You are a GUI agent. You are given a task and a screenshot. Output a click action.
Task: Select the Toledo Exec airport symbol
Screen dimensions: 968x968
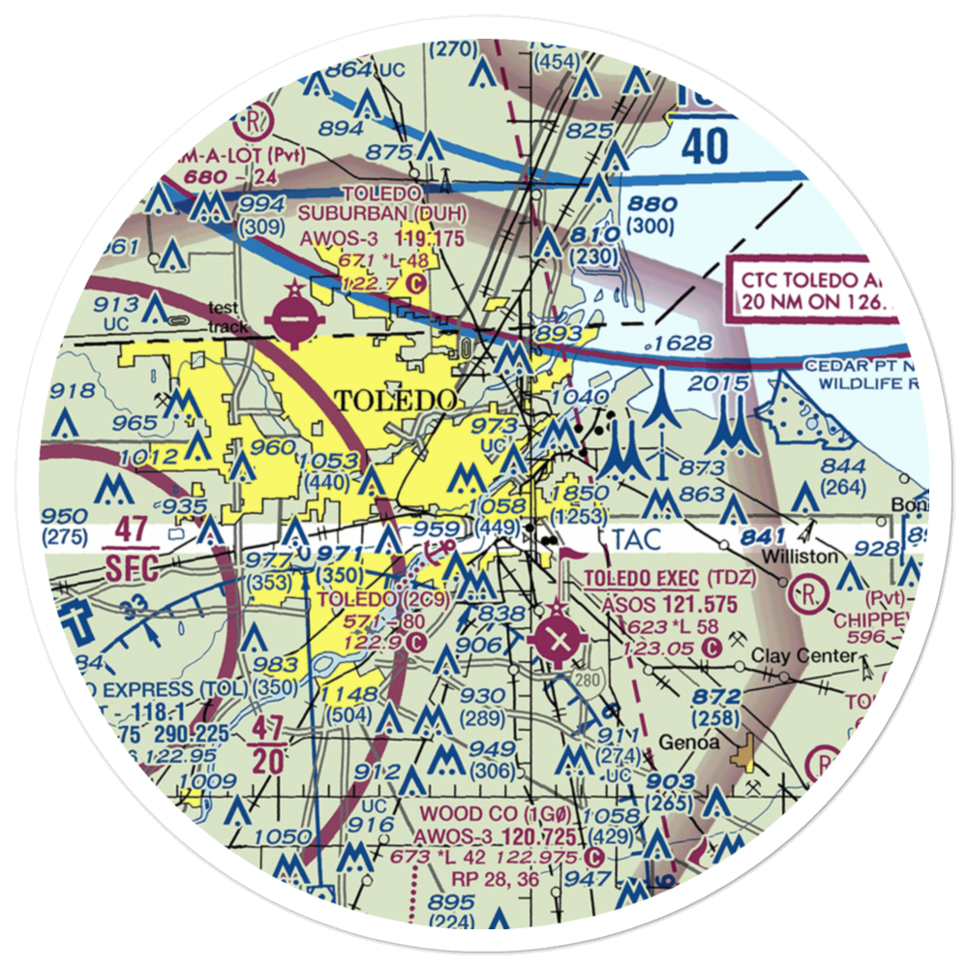point(558,640)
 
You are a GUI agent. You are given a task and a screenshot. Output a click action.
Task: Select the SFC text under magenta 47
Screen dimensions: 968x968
point(131,568)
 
